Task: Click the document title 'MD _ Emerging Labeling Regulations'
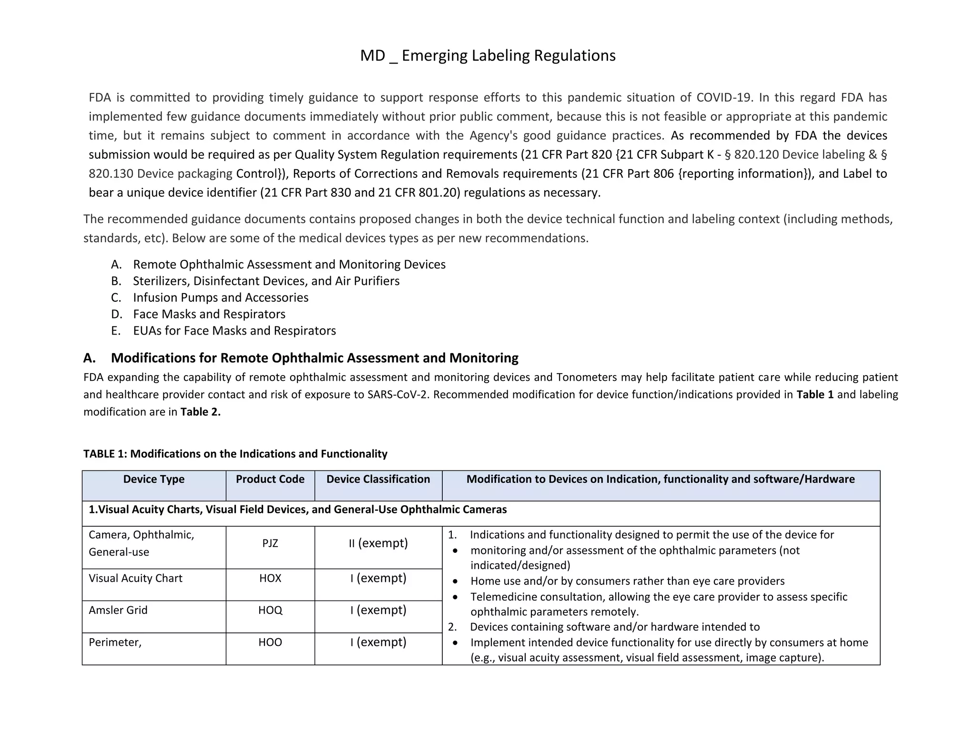coord(488,56)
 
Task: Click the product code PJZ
coord(270,543)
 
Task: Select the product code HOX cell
coord(270,579)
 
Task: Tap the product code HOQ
coord(270,611)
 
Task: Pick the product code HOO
coord(270,642)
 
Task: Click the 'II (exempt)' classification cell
coord(378,543)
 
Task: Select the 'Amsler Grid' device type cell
coord(118,611)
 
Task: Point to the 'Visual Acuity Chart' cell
coord(135,579)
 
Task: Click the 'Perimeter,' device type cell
coord(115,642)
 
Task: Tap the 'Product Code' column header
coord(270,479)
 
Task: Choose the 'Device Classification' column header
coord(378,479)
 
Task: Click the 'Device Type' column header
coord(154,479)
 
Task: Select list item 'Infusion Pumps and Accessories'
coord(221,298)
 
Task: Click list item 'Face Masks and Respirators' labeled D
coord(209,315)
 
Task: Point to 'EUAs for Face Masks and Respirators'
coord(234,331)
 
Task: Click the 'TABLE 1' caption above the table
coord(235,454)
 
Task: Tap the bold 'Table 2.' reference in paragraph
coord(201,412)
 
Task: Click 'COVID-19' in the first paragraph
coord(723,98)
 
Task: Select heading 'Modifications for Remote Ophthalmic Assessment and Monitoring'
coord(315,358)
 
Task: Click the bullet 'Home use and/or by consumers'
coord(627,581)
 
